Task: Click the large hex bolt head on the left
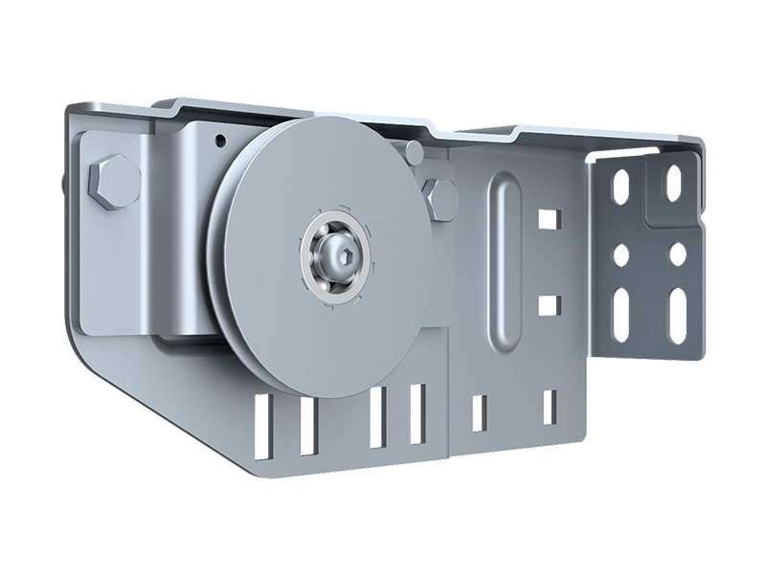(114, 182)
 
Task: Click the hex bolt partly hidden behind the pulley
(441, 198)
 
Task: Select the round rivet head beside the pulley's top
(415, 151)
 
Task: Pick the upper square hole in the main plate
(548, 219)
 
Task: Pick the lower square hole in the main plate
(548, 305)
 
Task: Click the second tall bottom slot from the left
(307, 426)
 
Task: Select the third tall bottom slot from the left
(377, 416)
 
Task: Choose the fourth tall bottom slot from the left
(417, 413)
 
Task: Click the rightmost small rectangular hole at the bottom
(550, 408)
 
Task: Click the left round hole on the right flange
(620, 255)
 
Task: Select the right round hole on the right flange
(677, 254)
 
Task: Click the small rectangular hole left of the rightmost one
(479, 412)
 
